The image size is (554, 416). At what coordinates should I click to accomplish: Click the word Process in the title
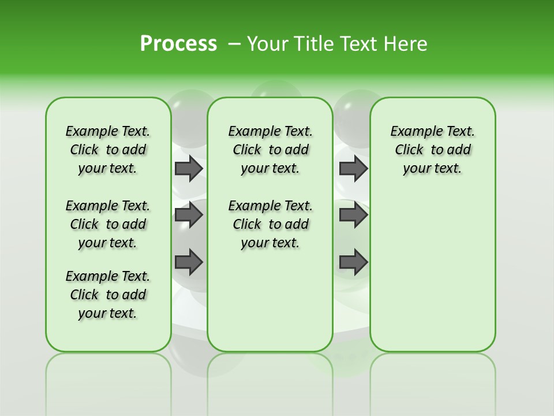point(178,44)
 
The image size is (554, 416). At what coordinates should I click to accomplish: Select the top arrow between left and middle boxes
point(189,168)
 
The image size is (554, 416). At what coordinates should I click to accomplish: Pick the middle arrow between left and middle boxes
point(189,215)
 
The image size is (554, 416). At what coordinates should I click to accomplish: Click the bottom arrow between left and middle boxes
point(189,262)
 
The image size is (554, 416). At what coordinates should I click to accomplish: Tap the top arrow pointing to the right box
point(353,168)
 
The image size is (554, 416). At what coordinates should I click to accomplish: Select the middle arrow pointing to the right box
point(353,215)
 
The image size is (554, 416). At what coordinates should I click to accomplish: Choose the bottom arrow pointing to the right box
point(353,262)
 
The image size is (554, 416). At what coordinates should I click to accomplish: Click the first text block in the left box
point(108,150)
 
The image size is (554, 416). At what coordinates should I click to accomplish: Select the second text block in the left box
point(108,224)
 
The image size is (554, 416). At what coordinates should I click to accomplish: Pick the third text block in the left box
point(108,295)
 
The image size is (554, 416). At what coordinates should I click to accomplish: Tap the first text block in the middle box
point(270,150)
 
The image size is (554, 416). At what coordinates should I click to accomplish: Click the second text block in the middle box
point(270,224)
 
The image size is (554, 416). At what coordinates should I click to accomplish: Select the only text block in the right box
point(432,150)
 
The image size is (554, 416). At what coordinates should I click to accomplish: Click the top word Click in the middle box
point(247,150)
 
